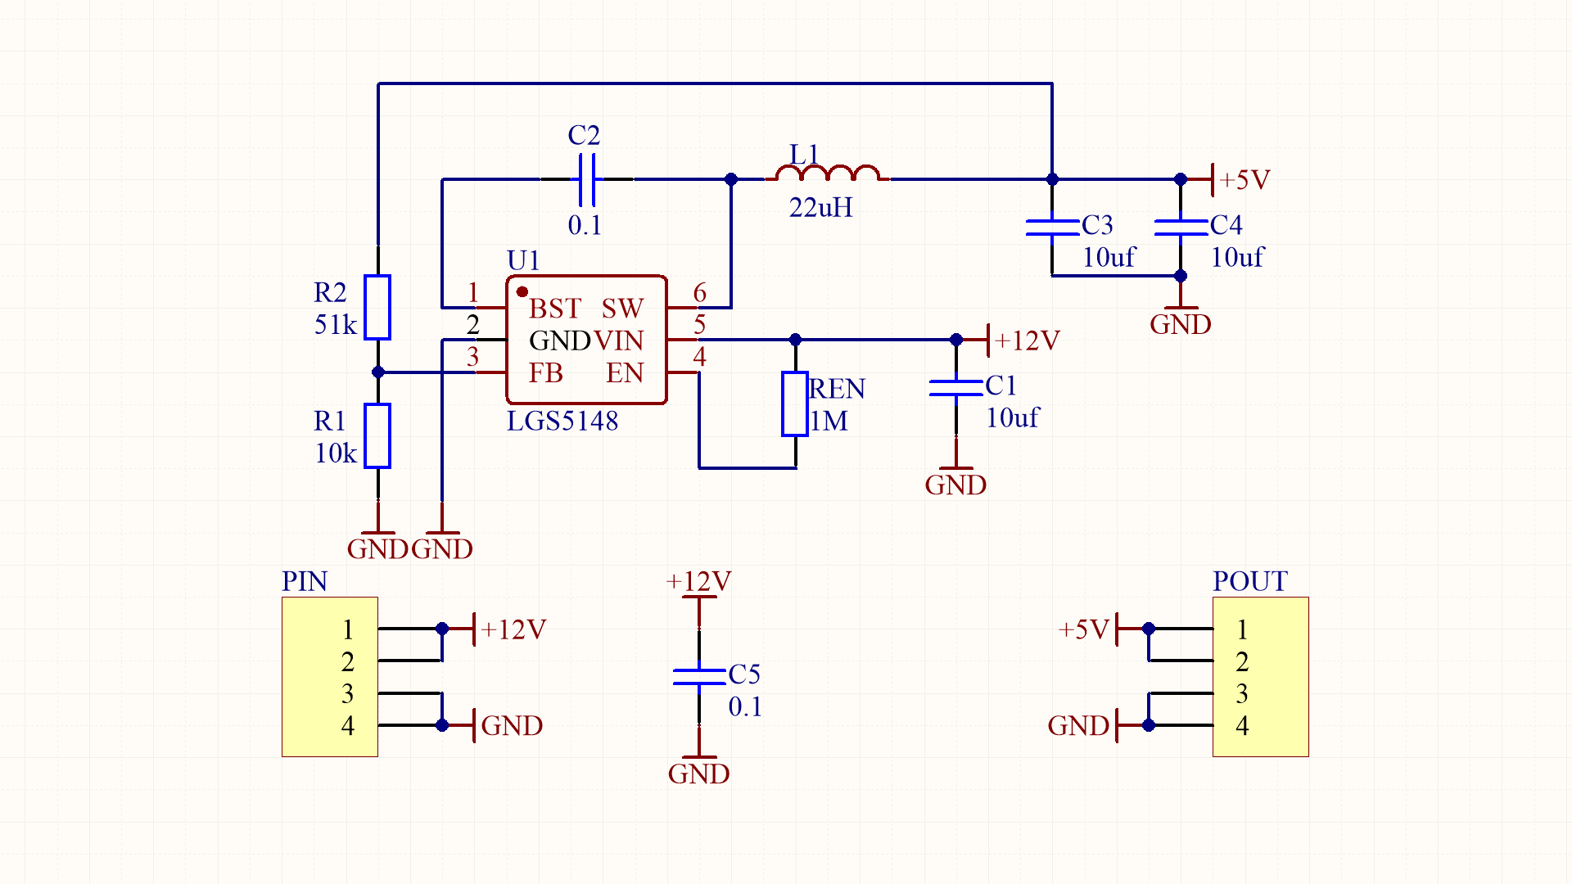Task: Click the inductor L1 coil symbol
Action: tap(827, 174)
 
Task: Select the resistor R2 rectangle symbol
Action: tap(377, 307)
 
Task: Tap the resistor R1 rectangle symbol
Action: tap(377, 435)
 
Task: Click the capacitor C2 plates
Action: tap(586, 179)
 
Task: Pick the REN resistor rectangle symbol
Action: tap(794, 404)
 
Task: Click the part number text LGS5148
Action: tap(562, 421)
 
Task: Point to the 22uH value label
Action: tap(820, 208)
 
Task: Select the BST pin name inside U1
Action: tap(554, 309)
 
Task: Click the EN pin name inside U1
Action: tap(624, 373)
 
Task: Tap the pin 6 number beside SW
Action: tap(699, 292)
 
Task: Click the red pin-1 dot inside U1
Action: tap(522, 291)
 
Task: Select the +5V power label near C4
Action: tap(1244, 179)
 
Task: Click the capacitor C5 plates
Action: tap(698, 676)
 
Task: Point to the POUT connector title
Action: tap(1249, 581)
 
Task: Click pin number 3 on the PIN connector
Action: tap(347, 693)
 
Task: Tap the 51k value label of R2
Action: tap(336, 325)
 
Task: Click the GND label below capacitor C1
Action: tap(955, 485)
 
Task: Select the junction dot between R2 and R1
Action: tap(377, 372)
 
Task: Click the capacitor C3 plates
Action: tap(1052, 227)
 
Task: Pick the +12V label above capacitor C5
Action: tap(698, 581)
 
